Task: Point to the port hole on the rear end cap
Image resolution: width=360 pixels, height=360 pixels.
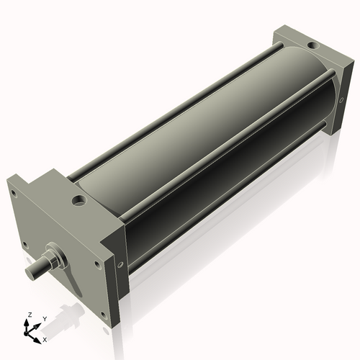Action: click(x=311, y=47)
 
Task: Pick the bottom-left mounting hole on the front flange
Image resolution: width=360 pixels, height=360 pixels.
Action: click(x=26, y=245)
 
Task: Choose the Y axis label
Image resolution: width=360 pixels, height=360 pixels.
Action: click(x=45, y=318)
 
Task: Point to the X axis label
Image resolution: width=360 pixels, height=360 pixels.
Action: click(x=45, y=338)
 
